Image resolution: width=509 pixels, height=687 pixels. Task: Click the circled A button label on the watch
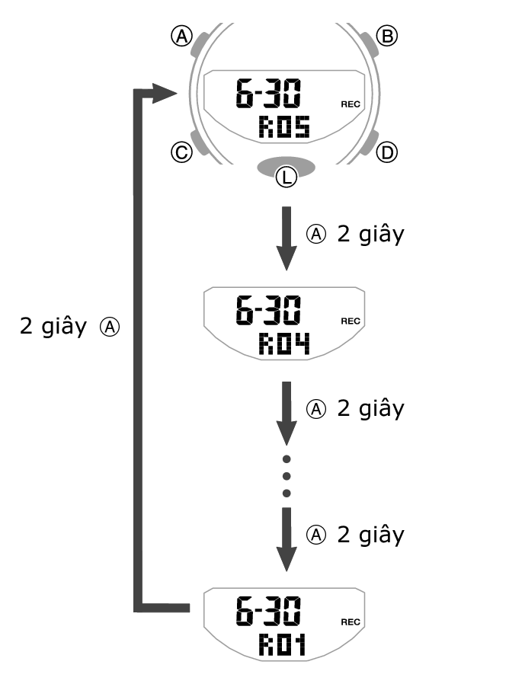[x=181, y=36]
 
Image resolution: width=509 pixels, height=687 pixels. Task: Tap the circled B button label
[x=388, y=36]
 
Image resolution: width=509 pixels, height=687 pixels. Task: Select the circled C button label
[x=181, y=152]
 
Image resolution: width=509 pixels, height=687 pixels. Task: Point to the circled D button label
[x=388, y=152]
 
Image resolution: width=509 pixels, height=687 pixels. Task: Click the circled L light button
[x=286, y=177]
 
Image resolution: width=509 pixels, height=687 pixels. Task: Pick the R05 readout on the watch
[x=283, y=126]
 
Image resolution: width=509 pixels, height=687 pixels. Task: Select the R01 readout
[x=282, y=646]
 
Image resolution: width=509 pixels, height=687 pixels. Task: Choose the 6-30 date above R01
[x=267, y=612]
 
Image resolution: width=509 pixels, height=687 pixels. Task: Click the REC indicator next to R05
[x=351, y=104]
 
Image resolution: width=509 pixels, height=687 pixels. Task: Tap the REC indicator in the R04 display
[x=351, y=321]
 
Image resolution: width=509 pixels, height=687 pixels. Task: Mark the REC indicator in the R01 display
[x=351, y=621]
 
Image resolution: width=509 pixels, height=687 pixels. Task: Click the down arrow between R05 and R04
[x=286, y=238]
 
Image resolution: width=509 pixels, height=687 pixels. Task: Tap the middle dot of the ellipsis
[x=287, y=476]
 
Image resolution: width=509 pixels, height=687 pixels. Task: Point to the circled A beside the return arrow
[x=111, y=328]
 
